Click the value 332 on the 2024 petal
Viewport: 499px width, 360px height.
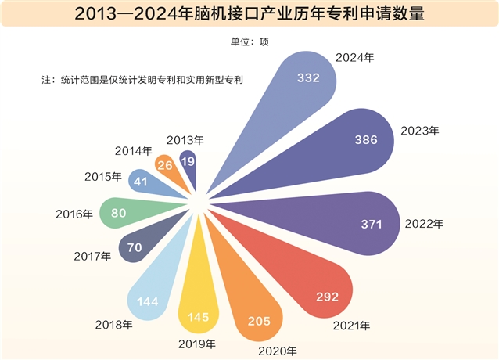tap(309, 77)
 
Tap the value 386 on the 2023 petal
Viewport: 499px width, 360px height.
tap(366, 140)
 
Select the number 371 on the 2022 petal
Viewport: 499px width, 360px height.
tap(371, 225)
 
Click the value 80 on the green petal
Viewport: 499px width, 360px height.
tap(119, 212)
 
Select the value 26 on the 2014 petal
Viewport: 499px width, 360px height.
tap(165, 165)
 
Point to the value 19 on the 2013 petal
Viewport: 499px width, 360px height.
tap(188, 160)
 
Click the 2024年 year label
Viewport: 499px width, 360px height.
tap(354, 57)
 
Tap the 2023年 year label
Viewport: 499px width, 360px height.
tap(420, 130)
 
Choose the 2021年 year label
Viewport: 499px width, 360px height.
tap(350, 325)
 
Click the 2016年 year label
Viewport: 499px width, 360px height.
tap(74, 213)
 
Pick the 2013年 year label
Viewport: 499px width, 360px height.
tap(185, 140)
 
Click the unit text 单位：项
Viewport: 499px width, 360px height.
tap(249, 41)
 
